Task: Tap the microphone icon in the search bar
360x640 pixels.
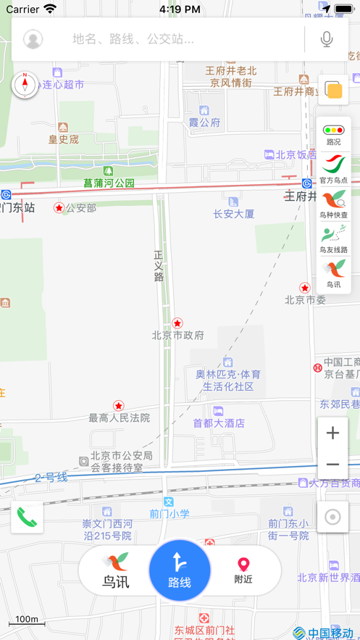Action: coord(327,39)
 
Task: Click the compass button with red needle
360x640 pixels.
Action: coord(25,85)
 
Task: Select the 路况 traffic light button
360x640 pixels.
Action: coord(334,134)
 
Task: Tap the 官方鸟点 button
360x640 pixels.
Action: coord(334,169)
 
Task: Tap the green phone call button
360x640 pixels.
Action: coord(27,517)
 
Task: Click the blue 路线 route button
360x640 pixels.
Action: coord(180,570)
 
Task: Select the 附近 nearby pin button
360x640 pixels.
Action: coord(243,570)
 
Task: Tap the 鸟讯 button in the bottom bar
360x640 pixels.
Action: coord(116,570)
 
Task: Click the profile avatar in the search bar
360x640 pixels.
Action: coord(33,39)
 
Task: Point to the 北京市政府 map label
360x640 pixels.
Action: coord(177,335)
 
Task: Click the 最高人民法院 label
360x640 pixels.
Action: coord(120,417)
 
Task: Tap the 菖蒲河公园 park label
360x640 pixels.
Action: coord(109,183)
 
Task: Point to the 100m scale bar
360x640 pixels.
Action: coord(27,620)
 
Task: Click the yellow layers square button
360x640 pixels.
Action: coord(334,90)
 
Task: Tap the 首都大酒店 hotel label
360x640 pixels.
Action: coord(219,423)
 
